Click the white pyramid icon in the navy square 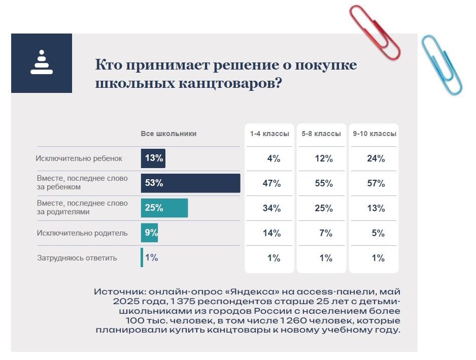pyautogui.click(x=42, y=63)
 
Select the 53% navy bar pyautogui.click(x=190, y=183)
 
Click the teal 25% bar pyautogui.click(x=164, y=208)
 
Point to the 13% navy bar pyautogui.click(x=153, y=158)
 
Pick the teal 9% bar pyautogui.click(x=150, y=233)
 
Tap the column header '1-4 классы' pyautogui.click(x=269, y=134)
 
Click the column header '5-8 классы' pyautogui.click(x=321, y=134)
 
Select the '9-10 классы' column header pyautogui.click(x=375, y=134)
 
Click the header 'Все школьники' pyautogui.click(x=168, y=134)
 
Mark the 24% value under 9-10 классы pyautogui.click(x=376, y=159)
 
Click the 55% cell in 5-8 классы pyautogui.click(x=324, y=184)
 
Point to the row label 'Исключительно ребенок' pyautogui.click(x=79, y=158)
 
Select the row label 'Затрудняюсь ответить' pyautogui.click(x=77, y=258)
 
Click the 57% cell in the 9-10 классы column pyautogui.click(x=376, y=184)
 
